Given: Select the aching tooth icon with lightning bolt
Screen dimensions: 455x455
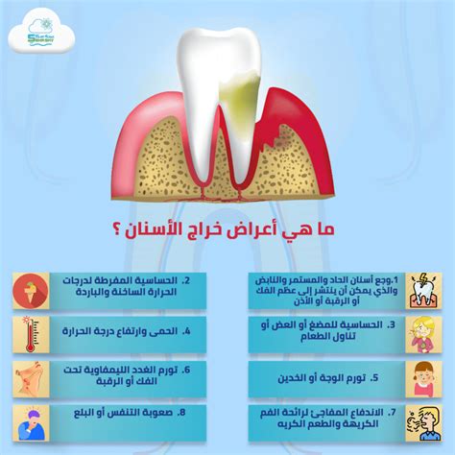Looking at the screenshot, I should click(x=426, y=288).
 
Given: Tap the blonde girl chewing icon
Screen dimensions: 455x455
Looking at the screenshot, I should click(x=426, y=333).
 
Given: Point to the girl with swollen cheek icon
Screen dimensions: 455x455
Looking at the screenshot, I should click(x=426, y=377).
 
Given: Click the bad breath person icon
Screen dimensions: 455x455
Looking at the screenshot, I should click(x=426, y=420).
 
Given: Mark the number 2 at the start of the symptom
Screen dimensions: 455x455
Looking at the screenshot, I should click(x=185, y=281).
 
